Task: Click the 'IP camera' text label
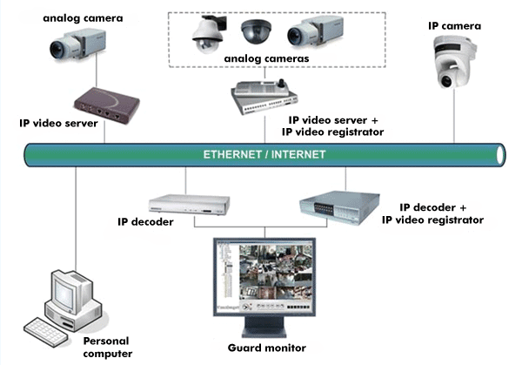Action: point(454,25)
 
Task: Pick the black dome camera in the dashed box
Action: point(257,32)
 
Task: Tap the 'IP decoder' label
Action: point(145,222)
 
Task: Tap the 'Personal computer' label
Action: point(108,348)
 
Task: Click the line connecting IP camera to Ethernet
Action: point(454,121)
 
